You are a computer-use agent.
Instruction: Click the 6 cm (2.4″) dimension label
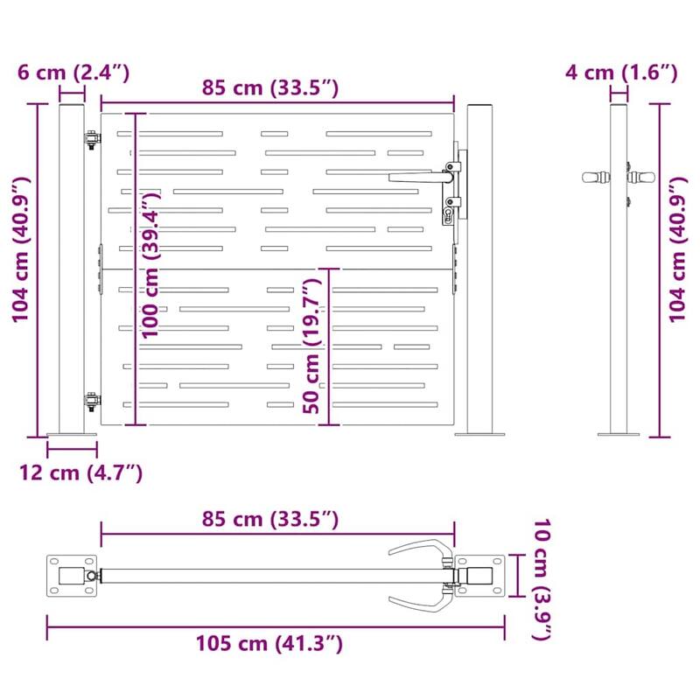pos(73,72)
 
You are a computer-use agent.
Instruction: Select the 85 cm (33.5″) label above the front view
pos(269,87)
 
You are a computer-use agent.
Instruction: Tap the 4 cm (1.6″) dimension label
pos(620,72)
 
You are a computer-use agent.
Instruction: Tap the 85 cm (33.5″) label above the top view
pos(269,519)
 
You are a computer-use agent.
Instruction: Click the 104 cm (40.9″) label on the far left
pos(22,249)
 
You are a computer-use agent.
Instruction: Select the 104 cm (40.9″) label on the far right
pos(678,249)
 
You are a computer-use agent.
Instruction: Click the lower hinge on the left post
pos(91,401)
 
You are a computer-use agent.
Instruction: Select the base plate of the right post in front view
pos(479,433)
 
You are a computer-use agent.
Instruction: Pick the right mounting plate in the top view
pos(479,576)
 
